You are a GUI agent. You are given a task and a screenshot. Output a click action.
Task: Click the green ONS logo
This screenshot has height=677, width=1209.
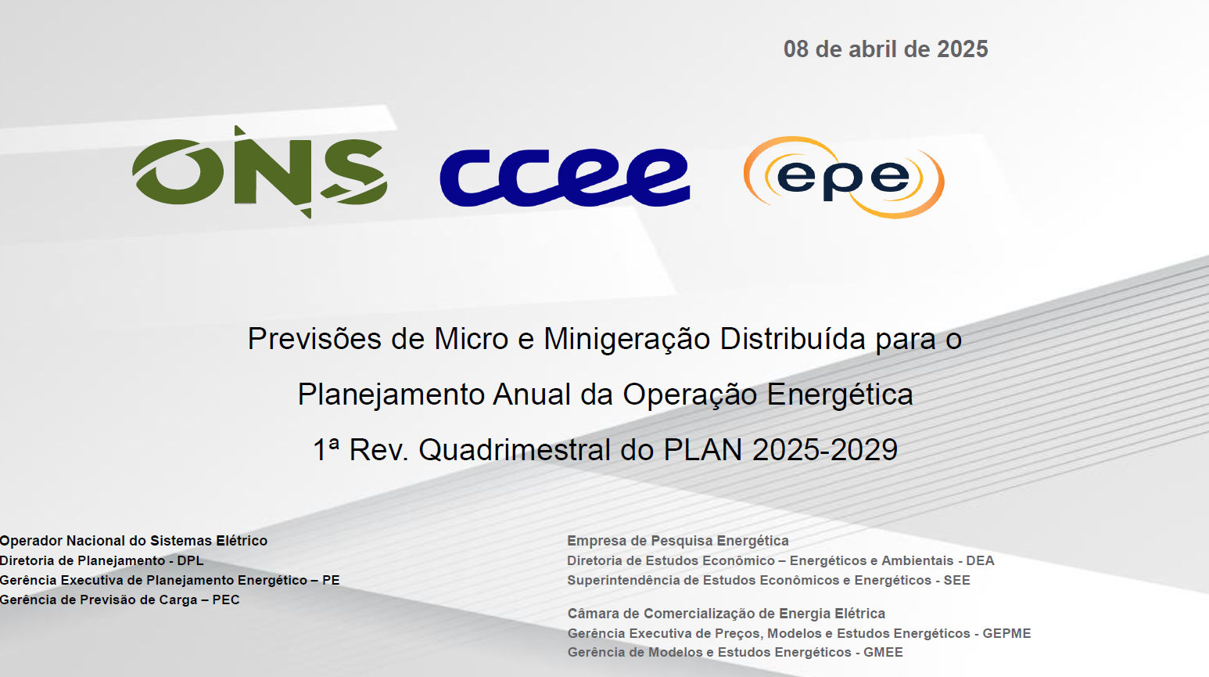(x=259, y=172)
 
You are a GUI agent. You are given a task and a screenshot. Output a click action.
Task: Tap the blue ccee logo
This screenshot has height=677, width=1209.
(x=565, y=177)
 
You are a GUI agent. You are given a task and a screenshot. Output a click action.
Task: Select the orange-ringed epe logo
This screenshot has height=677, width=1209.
(x=844, y=177)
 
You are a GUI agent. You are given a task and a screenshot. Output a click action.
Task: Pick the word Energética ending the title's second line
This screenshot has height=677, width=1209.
(x=840, y=395)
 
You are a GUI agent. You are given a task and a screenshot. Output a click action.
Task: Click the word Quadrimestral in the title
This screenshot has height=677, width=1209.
(x=515, y=450)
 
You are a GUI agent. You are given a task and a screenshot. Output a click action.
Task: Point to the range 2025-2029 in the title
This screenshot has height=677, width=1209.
(x=825, y=450)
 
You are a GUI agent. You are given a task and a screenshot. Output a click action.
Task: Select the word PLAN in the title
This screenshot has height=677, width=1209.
(x=703, y=450)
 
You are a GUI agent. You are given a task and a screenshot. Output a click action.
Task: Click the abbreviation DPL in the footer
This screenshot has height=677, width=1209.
(x=191, y=561)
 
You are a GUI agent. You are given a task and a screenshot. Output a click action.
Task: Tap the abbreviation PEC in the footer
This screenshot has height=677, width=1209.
(x=226, y=600)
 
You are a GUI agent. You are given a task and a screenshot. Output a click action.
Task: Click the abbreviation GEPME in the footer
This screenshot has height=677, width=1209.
(x=1006, y=633)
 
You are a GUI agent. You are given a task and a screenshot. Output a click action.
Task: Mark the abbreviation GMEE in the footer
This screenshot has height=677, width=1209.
(x=883, y=653)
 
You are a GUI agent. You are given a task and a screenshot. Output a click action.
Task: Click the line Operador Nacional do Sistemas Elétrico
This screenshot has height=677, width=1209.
(x=133, y=541)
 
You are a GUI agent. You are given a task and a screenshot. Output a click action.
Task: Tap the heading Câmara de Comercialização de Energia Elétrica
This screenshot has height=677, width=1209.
(x=726, y=614)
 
